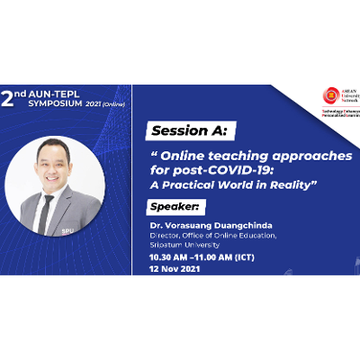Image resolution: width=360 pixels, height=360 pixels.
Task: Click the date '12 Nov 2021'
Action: click(179, 268)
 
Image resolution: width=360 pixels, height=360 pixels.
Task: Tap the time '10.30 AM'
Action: click(172, 256)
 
